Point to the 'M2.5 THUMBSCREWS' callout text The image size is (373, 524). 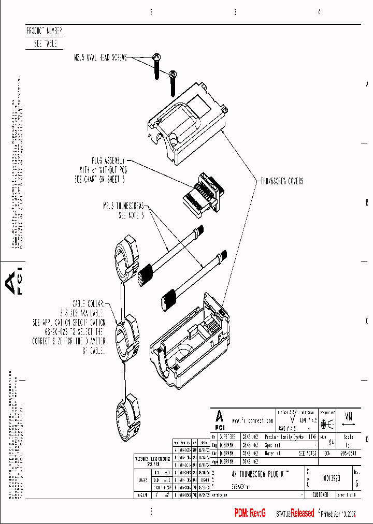click(123, 206)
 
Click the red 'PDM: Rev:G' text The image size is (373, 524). click(250, 513)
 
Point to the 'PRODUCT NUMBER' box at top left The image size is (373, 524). click(44, 31)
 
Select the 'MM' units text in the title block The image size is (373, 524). click(349, 416)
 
